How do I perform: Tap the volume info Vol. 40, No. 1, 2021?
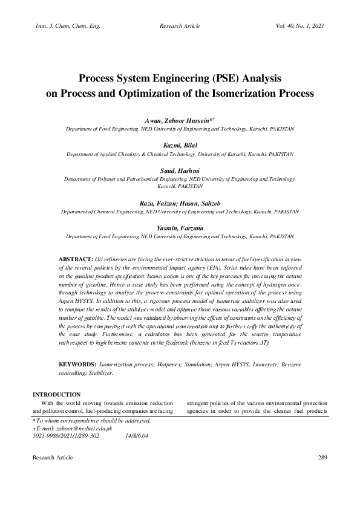pyautogui.click(x=300, y=27)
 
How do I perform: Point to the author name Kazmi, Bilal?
pyautogui.click(x=180, y=146)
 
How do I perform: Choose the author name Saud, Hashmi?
pyautogui.click(x=180, y=170)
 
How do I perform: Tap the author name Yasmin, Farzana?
pyautogui.click(x=180, y=229)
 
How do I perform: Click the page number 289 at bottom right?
pyautogui.click(x=322, y=458)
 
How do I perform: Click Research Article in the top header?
pyautogui.click(x=180, y=27)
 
